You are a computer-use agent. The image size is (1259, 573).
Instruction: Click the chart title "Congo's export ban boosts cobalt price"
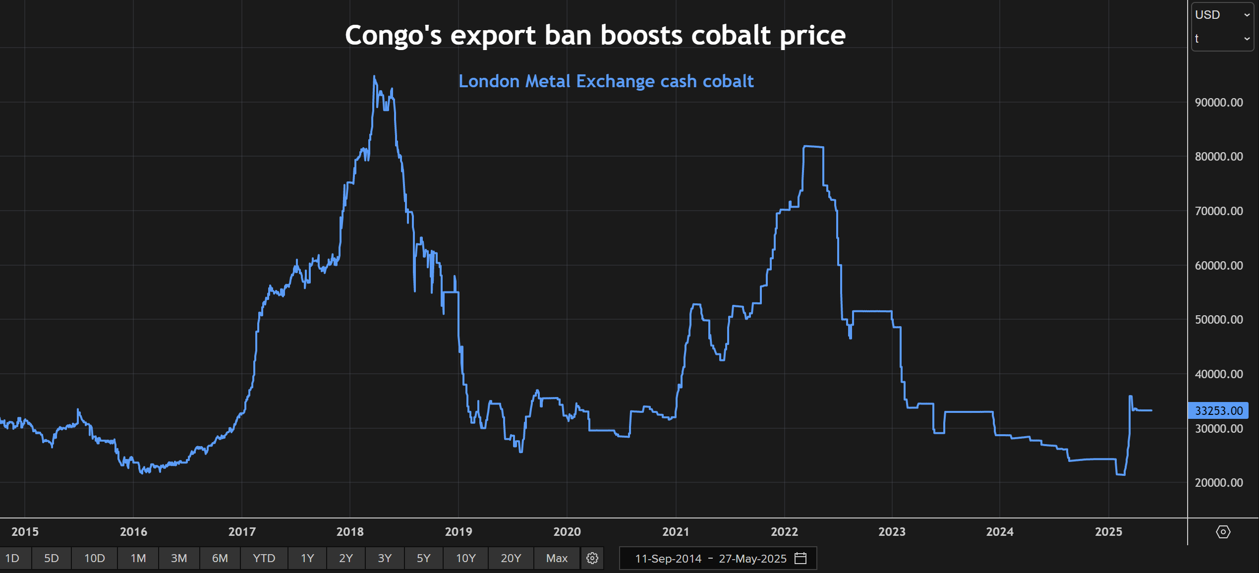[595, 35]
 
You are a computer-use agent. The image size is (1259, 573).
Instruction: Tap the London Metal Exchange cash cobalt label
[606, 81]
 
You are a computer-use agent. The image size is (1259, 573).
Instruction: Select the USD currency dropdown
[1222, 15]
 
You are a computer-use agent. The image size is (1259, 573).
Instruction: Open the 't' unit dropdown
[1222, 39]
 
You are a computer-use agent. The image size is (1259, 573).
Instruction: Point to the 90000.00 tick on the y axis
[1218, 103]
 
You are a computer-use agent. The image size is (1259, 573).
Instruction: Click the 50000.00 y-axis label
[1218, 320]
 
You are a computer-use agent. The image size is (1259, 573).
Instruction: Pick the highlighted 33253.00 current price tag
[1218, 411]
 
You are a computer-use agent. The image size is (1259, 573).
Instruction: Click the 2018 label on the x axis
[350, 532]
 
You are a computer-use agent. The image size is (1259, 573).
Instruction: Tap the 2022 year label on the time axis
[784, 532]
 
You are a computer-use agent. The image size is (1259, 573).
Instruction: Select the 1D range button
[12, 559]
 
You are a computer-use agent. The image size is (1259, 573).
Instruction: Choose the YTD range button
[264, 559]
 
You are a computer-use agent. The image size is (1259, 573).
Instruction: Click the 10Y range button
[465, 559]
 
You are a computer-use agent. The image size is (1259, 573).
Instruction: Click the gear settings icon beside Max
[592, 559]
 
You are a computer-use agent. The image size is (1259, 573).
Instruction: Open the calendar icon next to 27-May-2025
[801, 559]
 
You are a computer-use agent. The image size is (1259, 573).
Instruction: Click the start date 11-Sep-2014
[668, 559]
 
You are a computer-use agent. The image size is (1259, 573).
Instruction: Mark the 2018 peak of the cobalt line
[374, 77]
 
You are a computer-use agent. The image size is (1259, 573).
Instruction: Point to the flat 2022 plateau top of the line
[813, 147]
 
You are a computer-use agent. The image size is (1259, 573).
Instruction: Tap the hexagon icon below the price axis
[1223, 532]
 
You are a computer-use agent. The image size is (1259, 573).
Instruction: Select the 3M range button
[179, 559]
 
